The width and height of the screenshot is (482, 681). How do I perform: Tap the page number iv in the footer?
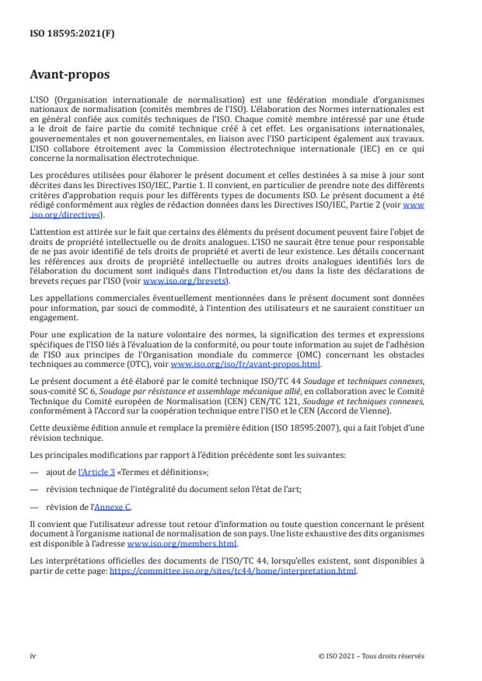tap(33, 655)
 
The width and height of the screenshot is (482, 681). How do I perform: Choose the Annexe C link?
tap(113, 508)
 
